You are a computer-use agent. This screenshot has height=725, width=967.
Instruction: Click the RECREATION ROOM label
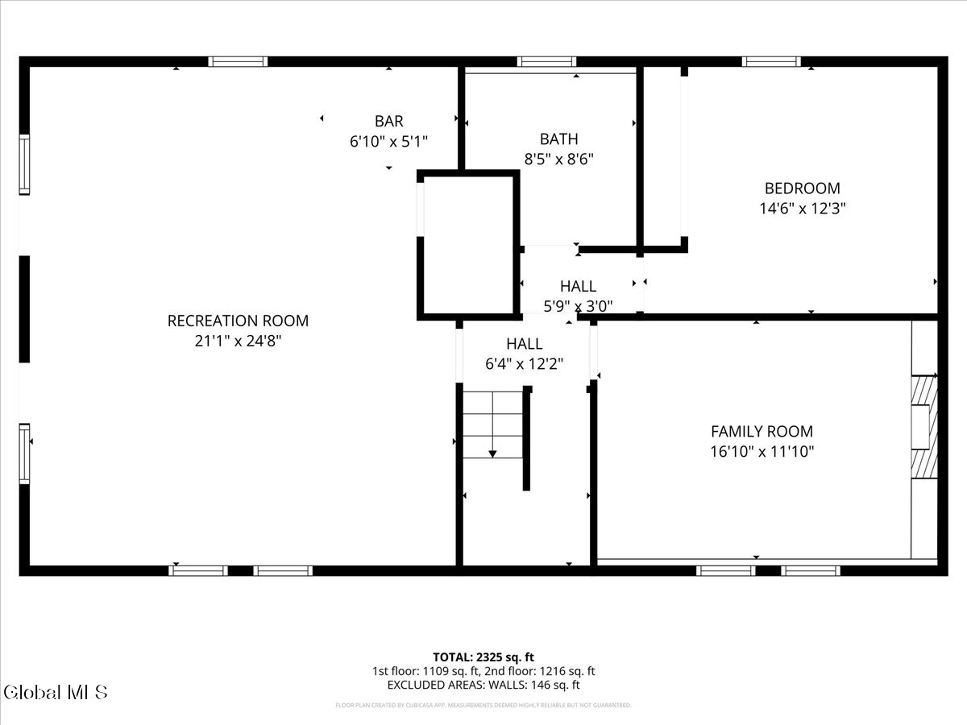(x=238, y=321)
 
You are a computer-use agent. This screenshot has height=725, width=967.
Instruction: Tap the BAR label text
(x=388, y=122)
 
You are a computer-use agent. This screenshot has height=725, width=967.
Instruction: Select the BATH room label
(x=558, y=139)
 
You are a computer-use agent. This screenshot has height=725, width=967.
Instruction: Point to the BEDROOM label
(x=802, y=188)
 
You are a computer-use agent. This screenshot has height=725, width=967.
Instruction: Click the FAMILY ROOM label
(x=762, y=432)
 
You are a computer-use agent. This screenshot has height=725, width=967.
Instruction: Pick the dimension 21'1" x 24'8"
(x=238, y=341)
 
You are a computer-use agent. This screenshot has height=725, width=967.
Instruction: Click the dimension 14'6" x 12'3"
(x=802, y=209)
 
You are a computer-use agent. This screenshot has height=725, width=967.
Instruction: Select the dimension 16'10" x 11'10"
(x=762, y=452)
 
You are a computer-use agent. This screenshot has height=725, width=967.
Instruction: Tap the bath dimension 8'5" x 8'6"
(x=558, y=159)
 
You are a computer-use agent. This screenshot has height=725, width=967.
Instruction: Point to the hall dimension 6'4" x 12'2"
(x=524, y=364)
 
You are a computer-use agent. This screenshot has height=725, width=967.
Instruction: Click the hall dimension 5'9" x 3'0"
(x=578, y=306)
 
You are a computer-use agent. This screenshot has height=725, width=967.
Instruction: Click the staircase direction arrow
(x=492, y=454)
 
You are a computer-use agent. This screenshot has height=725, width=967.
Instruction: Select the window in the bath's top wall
(x=546, y=61)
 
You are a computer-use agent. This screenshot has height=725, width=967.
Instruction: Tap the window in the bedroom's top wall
(x=771, y=61)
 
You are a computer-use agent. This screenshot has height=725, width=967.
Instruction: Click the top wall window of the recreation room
(x=238, y=61)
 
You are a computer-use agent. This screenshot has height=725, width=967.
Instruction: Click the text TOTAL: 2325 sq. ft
(x=483, y=657)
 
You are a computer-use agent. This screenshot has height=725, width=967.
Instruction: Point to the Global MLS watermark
(x=55, y=692)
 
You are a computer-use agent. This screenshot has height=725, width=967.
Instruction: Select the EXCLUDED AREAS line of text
(x=483, y=686)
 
